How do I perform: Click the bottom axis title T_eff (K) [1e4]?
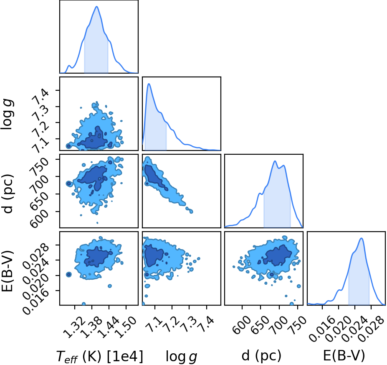click(100, 357)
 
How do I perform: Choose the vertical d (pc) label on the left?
click(8, 194)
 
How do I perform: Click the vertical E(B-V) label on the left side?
click(7, 271)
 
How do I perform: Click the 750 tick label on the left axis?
click(39, 166)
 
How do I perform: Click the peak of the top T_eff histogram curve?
click(97, 6)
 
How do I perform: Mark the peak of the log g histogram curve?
click(149, 84)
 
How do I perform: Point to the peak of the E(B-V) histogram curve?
click(362, 238)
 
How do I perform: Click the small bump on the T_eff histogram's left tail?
click(69, 66)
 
